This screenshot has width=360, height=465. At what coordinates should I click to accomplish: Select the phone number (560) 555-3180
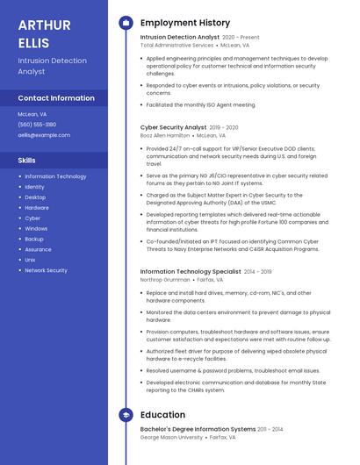[x=37, y=125]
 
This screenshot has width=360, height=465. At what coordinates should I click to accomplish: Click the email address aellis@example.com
[x=44, y=135]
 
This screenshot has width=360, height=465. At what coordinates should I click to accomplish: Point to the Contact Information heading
[x=56, y=98]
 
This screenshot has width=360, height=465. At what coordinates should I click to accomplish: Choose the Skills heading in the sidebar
[x=27, y=161]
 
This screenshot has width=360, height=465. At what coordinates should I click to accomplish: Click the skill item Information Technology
[x=55, y=176]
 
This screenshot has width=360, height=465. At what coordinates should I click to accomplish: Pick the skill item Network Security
[x=46, y=270]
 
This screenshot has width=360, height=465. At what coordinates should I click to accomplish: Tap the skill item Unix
[x=30, y=260]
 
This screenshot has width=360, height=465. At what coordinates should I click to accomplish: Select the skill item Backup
[x=34, y=239]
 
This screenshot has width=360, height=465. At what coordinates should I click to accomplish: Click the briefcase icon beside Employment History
[x=126, y=23]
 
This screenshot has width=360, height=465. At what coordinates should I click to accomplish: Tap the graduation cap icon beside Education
[x=126, y=415]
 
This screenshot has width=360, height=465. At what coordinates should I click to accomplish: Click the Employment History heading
[x=185, y=23]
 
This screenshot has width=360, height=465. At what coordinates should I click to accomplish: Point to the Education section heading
[x=162, y=415]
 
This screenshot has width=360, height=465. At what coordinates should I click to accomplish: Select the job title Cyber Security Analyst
[x=173, y=127]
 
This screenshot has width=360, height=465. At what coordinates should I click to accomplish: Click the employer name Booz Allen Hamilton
[x=164, y=136]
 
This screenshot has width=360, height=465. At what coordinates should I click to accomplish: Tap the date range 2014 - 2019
[x=258, y=272]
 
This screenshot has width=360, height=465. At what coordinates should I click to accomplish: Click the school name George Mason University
[x=172, y=437]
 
